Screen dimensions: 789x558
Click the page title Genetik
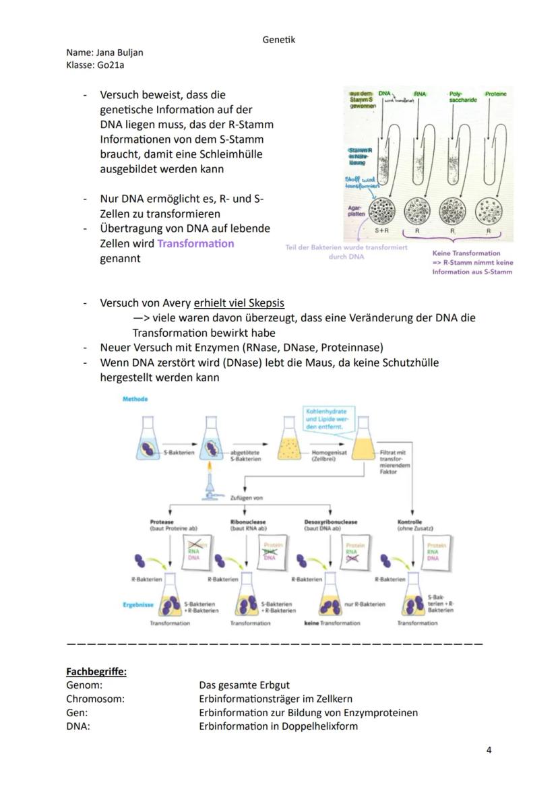click(278, 40)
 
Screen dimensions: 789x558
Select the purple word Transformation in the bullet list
click(195, 243)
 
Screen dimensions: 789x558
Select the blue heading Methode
click(135, 400)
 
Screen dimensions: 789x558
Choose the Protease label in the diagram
click(161, 522)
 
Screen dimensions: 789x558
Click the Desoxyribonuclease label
click(331, 522)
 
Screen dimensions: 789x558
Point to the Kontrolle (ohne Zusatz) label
click(415, 525)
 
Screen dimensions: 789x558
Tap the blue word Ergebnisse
click(137, 604)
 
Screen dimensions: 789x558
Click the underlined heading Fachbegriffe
click(96, 672)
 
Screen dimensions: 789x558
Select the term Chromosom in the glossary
click(95, 699)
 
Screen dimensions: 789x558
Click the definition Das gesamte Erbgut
click(244, 685)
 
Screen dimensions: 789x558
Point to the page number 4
click(489, 750)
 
